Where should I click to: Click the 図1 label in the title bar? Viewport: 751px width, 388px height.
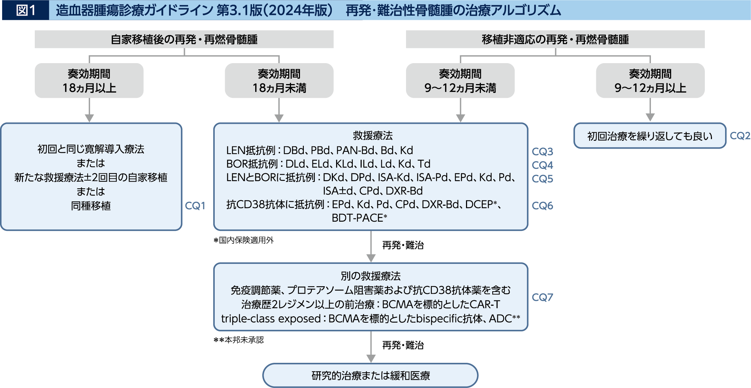(x=26, y=10)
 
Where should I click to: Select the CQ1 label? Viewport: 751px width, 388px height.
(x=195, y=206)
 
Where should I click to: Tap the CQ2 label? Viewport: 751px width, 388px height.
(x=740, y=135)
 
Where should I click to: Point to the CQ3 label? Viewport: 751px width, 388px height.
(x=542, y=151)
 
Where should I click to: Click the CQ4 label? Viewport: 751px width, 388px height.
(x=542, y=165)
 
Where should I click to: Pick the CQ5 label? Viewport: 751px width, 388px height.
(x=542, y=179)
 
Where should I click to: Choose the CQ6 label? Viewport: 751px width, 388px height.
(x=542, y=206)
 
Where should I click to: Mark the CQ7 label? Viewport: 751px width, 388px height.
(x=542, y=297)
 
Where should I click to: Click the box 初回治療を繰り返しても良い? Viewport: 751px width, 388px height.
(x=649, y=136)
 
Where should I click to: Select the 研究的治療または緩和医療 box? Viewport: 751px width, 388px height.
(x=370, y=375)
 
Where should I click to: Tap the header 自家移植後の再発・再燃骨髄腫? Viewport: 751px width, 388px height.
(x=184, y=39)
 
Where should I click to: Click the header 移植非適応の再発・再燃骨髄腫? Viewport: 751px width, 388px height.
(x=555, y=39)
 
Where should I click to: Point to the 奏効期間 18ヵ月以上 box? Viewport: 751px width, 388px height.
(x=89, y=81)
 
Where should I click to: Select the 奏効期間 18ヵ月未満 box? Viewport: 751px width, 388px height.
(x=279, y=81)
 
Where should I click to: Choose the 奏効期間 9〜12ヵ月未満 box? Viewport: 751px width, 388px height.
(x=460, y=81)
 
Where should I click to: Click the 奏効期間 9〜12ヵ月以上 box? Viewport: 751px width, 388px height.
(x=650, y=81)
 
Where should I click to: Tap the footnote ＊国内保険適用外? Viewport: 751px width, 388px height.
(x=243, y=240)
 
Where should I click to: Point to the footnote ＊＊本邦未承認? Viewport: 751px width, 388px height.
(x=239, y=340)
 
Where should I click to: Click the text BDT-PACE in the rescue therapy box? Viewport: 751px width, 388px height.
(x=357, y=218)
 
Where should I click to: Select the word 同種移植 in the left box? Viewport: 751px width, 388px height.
(x=91, y=206)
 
